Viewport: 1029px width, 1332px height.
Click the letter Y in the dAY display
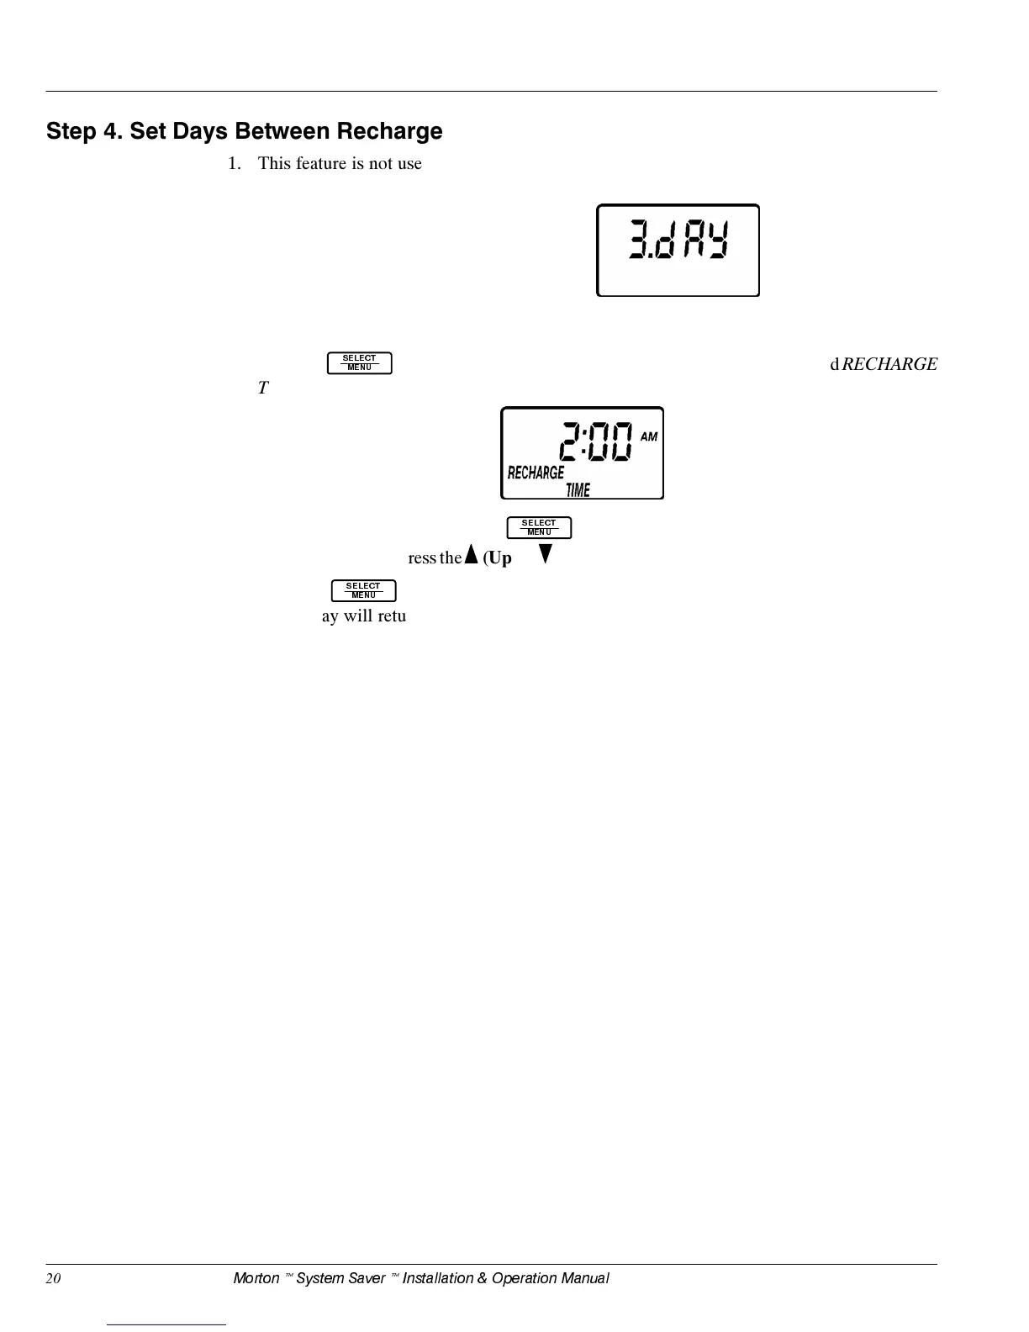pyautogui.click(x=716, y=241)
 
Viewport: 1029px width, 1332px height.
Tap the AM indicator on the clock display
pyautogui.click(x=649, y=436)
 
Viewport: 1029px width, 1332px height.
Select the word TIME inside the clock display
pyautogui.click(x=578, y=489)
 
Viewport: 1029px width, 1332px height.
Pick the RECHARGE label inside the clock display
pyautogui.click(x=536, y=473)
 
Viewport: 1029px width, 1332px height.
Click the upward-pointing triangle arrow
pyautogui.click(x=471, y=555)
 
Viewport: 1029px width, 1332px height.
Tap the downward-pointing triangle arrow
pyautogui.click(x=546, y=554)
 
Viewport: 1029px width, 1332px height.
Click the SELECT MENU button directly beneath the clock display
pyautogui.click(x=539, y=527)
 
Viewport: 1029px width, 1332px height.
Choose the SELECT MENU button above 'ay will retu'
pyautogui.click(x=363, y=590)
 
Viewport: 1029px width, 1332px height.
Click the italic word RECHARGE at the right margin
pyautogui.click(x=889, y=364)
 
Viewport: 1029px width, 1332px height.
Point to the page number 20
pyautogui.click(x=54, y=1278)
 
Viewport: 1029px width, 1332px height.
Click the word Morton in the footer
pyautogui.click(x=256, y=1278)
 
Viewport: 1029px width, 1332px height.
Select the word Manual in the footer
pyautogui.click(x=584, y=1278)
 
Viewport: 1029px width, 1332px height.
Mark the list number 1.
pyautogui.click(x=234, y=163)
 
